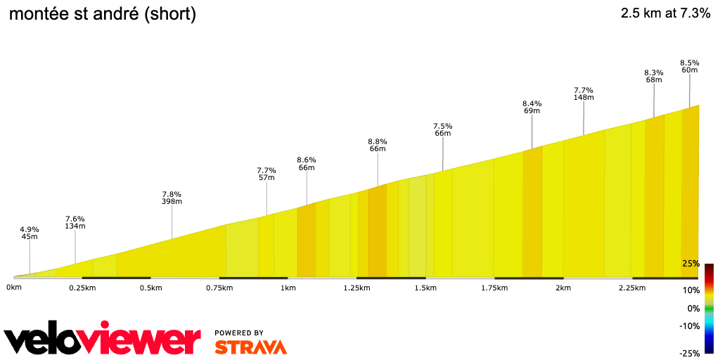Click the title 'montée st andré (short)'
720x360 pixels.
(x=103, y=13)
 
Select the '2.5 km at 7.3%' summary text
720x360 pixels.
(x=665, y=13)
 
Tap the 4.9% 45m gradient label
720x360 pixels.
(x=30, y=233)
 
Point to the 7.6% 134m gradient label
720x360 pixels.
(x=75, y=222)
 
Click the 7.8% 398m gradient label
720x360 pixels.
(x=172, y=198)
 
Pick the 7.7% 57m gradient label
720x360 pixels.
(x=266, y=174)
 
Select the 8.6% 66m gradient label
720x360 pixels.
(x=307, y=164)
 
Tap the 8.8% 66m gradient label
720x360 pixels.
(x=378, y=145)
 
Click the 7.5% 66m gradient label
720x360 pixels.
(x=442, y=129)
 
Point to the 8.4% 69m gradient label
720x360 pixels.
(x=532, y=108)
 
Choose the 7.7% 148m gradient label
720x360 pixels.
(x=584, y=94)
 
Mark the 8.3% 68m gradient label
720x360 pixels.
(x=654, y=76)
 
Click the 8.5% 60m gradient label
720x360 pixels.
(x=689, y=66)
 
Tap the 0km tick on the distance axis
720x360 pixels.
(x=13, y=288)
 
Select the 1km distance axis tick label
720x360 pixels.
(x=288, y=288)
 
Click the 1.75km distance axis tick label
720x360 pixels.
(x=494, y=288)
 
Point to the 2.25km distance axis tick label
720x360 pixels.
(x=631, y=288)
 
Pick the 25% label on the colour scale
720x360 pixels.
(x=690, y=264)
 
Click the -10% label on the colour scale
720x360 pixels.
(x=689, y=326)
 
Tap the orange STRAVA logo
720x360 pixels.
(x=250, y=347)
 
